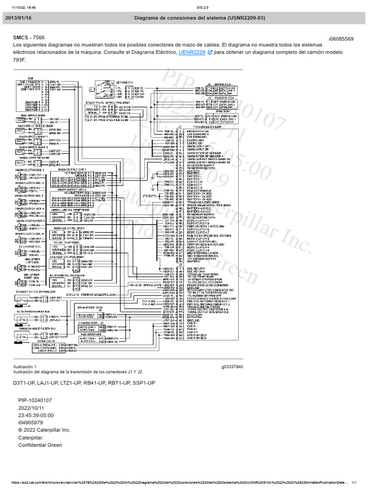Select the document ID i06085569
click(x=341, y=38)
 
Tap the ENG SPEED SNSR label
click(x=33, y=116)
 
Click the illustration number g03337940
click(x=232, y=367)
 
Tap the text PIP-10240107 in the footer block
click(x=35, y=400)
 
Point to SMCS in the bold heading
click(x=21, y=37)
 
